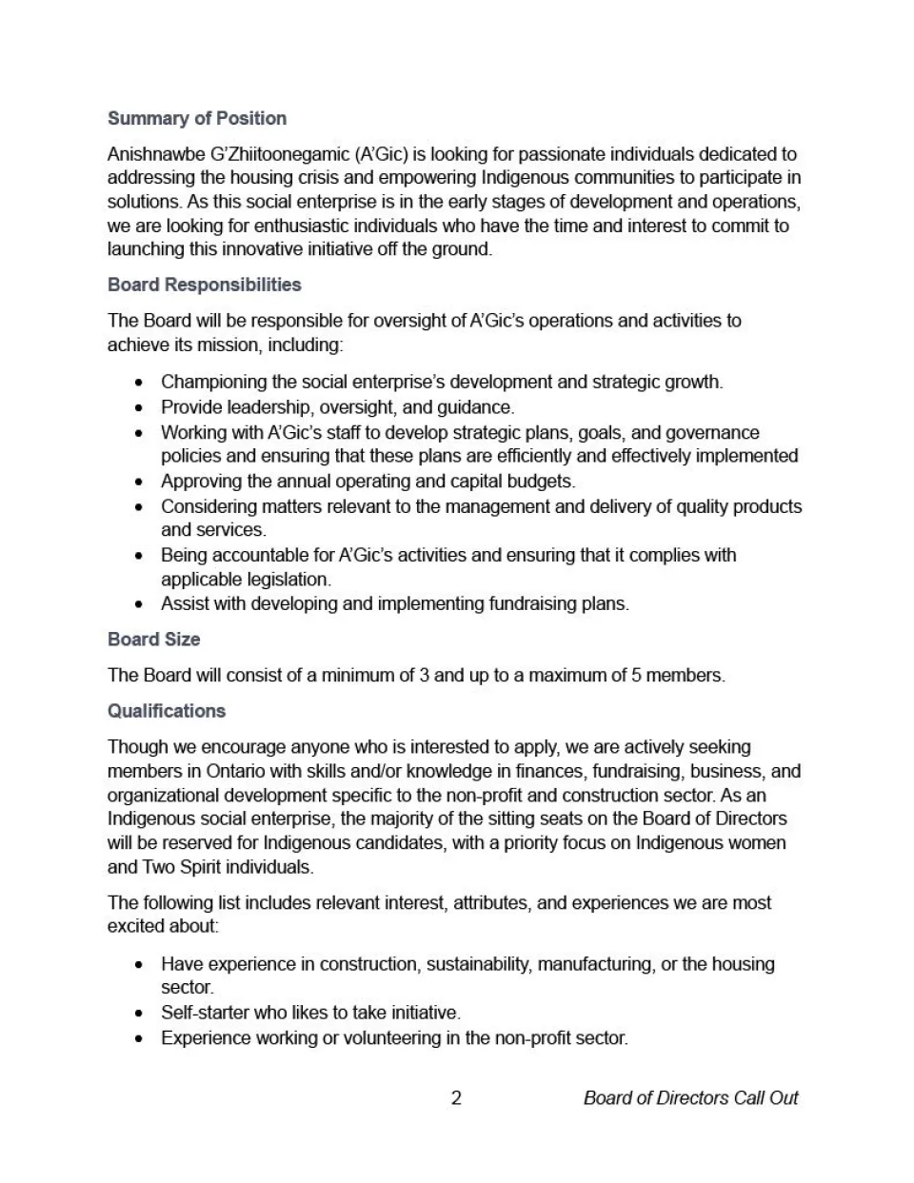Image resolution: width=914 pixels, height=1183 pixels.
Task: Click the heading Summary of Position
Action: click(x=196, y=118)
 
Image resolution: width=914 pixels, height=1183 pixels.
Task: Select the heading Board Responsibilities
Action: click(x=204, y=285)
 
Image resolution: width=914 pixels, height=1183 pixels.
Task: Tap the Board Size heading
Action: click(x=153, y=640)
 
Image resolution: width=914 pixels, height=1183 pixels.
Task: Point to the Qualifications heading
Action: click(x=167, y=711)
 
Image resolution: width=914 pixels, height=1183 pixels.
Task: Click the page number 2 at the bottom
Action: click(x=456, y=1098)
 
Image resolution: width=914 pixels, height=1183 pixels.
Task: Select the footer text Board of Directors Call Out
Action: click(x=690, y=1098)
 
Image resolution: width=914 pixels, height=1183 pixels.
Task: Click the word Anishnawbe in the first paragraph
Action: click(x=149, y=154)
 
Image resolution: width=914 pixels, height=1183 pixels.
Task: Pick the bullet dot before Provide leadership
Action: click(x=140, y=408)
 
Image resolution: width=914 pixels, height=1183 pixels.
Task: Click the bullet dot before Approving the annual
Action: click(x=140, y=483)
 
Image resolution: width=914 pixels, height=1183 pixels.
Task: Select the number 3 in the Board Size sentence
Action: click(x=424, y=676)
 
